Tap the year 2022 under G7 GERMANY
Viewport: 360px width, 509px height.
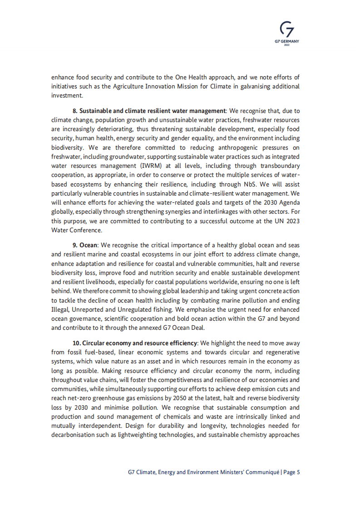point(287,45)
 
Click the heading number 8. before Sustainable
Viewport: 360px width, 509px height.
point(75,111)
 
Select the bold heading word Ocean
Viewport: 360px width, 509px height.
point(89,245)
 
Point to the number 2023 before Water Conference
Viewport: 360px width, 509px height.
point(291,221)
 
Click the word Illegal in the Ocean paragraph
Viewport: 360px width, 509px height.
point(60,309)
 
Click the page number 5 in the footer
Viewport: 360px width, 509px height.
point(298,472)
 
